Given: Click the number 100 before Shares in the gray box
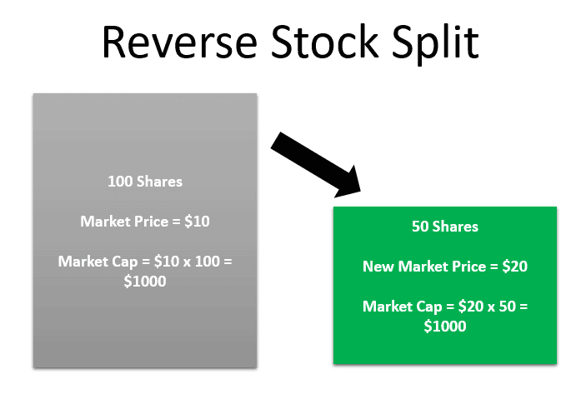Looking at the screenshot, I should tap(120, 181).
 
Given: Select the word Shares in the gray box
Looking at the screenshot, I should tap(158, 181).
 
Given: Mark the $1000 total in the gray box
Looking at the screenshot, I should tap(145, 282).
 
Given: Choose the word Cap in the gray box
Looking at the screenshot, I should tap(112, 262).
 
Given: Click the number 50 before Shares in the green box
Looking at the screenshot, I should tap(420, 227).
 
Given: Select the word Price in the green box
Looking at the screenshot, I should tap(470, 267).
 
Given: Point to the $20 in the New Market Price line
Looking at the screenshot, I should tap(513, 267).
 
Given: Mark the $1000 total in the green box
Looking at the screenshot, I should tap(445, 327).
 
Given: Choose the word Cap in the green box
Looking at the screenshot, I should tap(416, 307).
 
